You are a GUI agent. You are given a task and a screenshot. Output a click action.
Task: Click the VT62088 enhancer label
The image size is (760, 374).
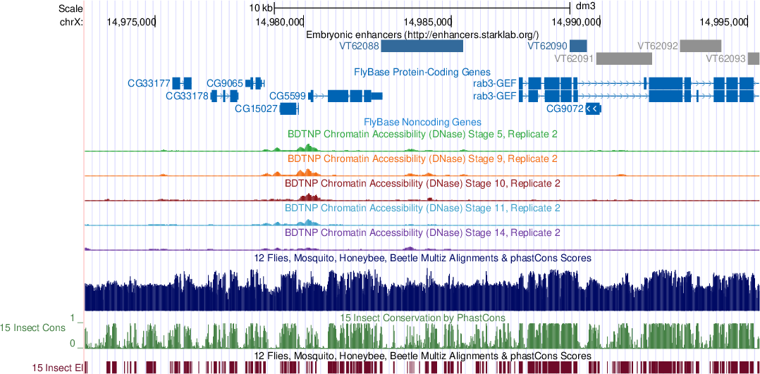click(x=360, y=46)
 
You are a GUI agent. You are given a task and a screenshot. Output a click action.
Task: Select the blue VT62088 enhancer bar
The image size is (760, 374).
click(x=422, y=46)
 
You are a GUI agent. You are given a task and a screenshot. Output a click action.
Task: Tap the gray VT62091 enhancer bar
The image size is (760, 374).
click(x=623, y=58)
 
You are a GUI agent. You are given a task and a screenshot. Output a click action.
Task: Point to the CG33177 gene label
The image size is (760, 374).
click(x=148, y=83)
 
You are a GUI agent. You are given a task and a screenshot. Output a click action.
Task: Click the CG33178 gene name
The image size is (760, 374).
click(x=187, y=96)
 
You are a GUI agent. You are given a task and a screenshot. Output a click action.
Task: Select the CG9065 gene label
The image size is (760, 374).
click(x=225, y=83)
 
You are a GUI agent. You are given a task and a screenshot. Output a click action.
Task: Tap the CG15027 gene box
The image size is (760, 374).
click(x=289, y=108)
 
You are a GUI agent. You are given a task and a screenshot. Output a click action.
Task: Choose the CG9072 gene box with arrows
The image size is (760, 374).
click(x=593, y=108)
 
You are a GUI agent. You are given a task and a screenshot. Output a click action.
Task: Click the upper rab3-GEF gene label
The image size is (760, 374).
click(x=494, y=83)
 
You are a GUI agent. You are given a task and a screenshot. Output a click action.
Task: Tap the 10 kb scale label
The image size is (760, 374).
click(x=261, y=8)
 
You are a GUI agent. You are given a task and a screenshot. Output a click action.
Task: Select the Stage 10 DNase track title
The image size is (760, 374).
click(x=422, y=183)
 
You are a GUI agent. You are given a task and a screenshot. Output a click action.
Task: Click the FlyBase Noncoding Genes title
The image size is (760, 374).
click(x=422, y=122)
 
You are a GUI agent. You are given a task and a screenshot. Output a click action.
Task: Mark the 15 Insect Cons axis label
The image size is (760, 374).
click(x=32, y=328)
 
